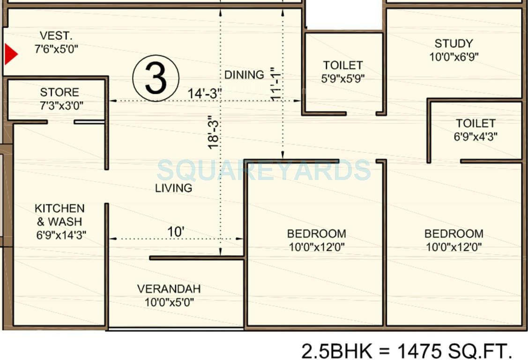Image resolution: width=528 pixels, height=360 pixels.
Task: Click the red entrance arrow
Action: (10, 54)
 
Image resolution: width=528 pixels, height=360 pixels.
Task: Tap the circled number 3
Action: (156, 79)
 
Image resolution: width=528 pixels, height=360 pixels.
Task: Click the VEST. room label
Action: (56, 42)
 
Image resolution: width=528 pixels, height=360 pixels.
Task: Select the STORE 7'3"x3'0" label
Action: (59, 98)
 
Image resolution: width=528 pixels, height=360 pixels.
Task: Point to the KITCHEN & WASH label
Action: (60, 221)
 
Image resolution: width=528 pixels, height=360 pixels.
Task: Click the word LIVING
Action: (174, 188)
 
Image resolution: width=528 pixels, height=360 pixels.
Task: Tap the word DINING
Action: (244, 75)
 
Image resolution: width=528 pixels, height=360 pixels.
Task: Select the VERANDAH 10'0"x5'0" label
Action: (169, 295)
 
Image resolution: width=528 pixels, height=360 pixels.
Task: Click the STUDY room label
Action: (454, 50)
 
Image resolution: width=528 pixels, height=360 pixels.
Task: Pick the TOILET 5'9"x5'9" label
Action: (343, 72)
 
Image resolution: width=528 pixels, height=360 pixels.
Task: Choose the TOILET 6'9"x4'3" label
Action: (476, 130)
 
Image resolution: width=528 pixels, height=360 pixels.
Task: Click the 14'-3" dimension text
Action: (205, 93)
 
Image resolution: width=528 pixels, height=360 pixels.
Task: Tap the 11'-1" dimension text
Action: (275, 84)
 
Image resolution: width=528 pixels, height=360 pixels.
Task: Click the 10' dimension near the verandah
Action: (176, 232)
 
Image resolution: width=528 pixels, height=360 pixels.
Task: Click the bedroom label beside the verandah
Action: (317, 240)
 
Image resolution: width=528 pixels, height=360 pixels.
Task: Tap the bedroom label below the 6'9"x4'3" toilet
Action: (454, 240)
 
